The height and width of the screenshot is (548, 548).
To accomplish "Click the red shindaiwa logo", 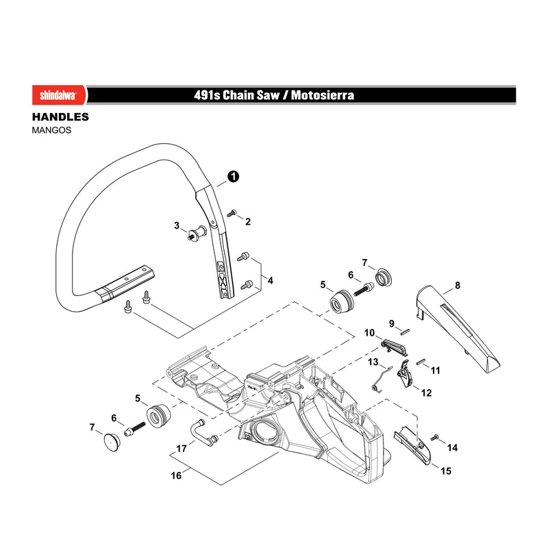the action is point(60,95).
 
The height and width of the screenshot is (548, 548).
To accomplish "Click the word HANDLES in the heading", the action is point(60,116).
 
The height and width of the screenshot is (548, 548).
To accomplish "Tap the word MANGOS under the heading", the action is point(51,130).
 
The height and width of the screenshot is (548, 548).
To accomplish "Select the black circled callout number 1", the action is point(233,177).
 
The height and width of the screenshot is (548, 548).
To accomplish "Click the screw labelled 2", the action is point(232,213).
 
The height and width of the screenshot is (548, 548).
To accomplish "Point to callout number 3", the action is point(177,225).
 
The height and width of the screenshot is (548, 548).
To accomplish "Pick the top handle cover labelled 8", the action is point(457,327).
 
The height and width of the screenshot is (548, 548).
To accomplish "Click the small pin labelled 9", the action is point(405,332).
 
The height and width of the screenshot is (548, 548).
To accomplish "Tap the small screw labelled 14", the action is point(434,437).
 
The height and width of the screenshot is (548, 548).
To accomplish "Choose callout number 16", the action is point(176,475).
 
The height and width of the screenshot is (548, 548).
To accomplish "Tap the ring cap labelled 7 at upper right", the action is point(384,277).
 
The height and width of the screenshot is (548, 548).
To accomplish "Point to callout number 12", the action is point(426,393).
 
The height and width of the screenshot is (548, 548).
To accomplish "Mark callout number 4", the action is point(270,280).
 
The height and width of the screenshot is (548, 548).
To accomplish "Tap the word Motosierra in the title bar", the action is point(322,95).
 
